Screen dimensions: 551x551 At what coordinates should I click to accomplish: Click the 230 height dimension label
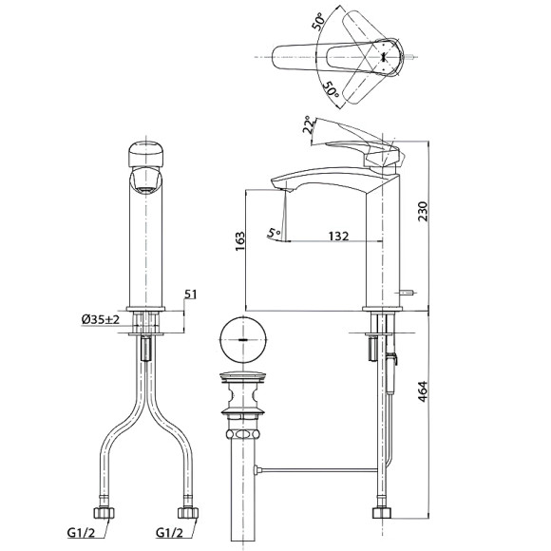424,211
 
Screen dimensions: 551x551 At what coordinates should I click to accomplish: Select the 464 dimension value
423,391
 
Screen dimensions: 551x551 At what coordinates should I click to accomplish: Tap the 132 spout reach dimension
338,236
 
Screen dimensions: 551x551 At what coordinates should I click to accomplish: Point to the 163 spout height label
240,241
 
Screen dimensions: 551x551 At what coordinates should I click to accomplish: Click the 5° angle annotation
275,233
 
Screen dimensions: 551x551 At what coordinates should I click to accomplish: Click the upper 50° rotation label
318,21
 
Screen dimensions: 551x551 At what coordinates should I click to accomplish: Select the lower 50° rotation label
331,89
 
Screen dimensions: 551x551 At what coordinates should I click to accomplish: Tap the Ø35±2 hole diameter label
101,319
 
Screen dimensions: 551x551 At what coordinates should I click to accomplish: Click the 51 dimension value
191,294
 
